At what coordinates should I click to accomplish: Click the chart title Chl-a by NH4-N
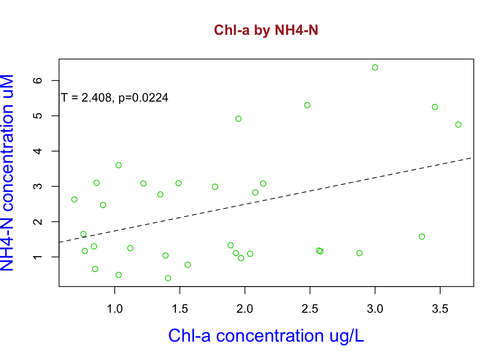pyautogui.click(x=266, y=30)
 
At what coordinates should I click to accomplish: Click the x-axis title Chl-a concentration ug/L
pyautogui.click(x=266, y=336)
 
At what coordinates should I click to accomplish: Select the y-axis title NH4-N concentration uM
pyautogui.click(x=7, y=173)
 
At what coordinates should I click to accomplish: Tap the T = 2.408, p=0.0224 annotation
pyautogui.click(x=115, y=98)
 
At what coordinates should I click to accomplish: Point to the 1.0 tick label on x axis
pyautogui.click(x=115, y=309)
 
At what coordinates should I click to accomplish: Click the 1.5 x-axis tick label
pyautogui.click(x=180, y=309)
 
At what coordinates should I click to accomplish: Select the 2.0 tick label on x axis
pyautogui.click(x=245, y=309)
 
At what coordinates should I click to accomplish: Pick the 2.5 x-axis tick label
pyautogui.click(x=310, y=309)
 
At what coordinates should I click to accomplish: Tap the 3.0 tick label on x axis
pyautogui.click(x=375, y=309)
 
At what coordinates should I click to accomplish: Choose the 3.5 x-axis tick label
pyautogui.click(x=440, y=309)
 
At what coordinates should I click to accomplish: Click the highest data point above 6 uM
pyautogui.click(x=375, y=67)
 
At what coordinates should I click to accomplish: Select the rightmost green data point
pyautogui.click(x=458, y=124)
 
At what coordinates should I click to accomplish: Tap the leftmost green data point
pyautogui.click(x=74, y=199)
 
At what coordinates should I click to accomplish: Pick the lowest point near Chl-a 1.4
pyautogui.click(x=168, y=278)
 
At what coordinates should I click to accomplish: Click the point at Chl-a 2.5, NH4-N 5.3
pyautogui.click(x=307, y=105)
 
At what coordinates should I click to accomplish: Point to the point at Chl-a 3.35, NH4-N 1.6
pyautogui.click(x=422, y=237)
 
